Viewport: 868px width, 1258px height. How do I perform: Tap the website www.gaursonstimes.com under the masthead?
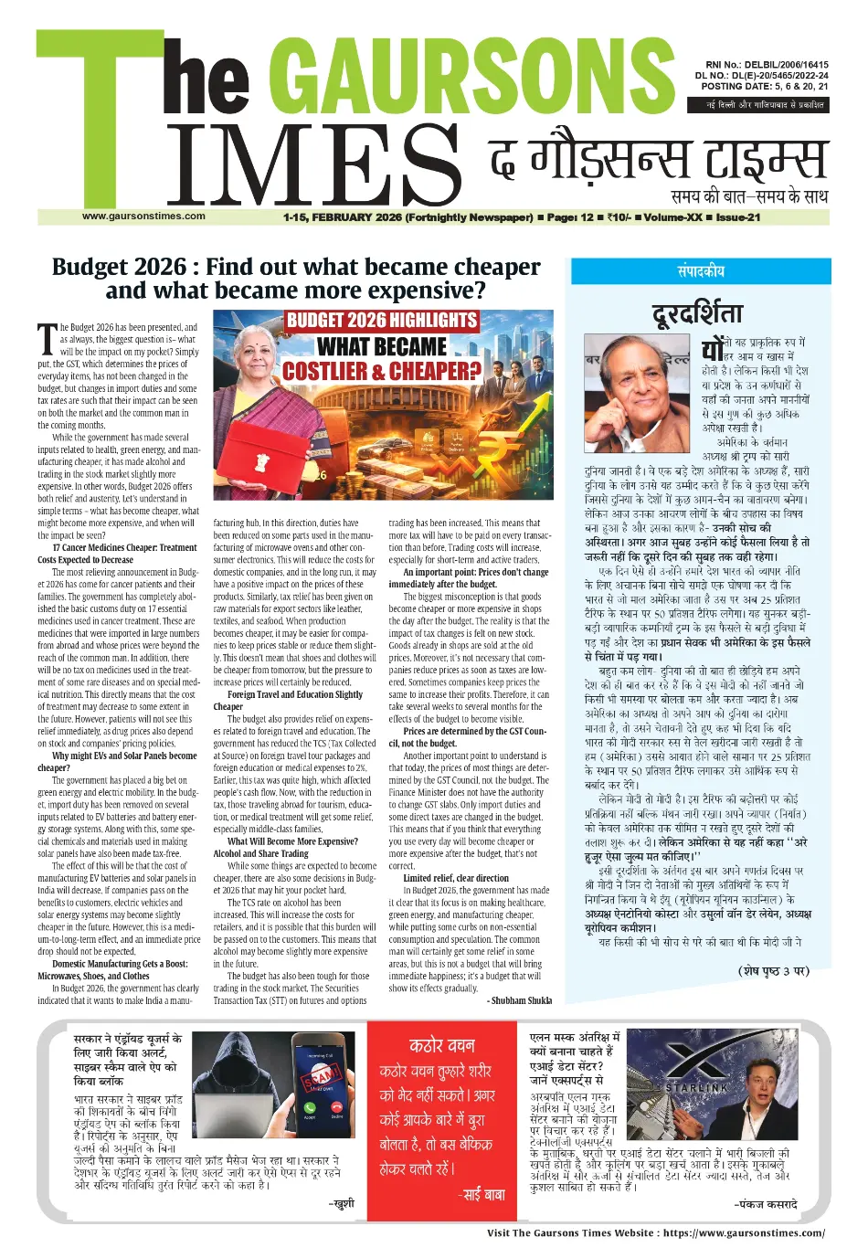143,217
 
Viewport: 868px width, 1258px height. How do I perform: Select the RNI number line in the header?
761,65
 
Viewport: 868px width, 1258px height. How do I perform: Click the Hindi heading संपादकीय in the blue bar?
701,271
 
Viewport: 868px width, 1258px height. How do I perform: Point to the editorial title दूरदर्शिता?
697,314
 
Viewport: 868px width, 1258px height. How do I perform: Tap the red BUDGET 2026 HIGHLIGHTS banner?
382,321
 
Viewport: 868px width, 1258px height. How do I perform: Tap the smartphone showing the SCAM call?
322,1084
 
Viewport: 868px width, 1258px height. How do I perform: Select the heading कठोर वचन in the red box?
442,1045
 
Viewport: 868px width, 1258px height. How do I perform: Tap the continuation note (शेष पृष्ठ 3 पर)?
773,970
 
